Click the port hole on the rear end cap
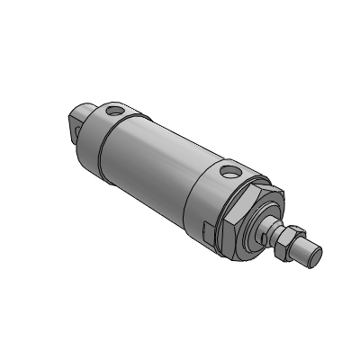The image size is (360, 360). pyautogui.click(x=114, y=112)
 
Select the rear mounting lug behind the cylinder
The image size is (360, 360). pyautogui.click(x=79, y=121)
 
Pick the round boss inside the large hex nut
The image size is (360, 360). pyautogui.click(x=262, y=220)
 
